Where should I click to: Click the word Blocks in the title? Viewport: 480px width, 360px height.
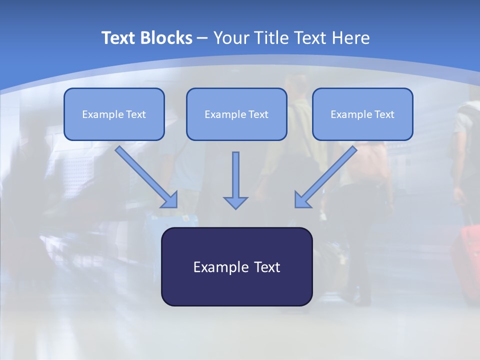click(166, 37)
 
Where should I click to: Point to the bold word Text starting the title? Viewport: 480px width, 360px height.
click(118, 37)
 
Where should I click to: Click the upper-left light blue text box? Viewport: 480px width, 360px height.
click(114, 114)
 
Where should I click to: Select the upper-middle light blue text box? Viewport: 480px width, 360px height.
click(236, 114)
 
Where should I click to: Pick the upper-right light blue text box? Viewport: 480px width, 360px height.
click(363, 114)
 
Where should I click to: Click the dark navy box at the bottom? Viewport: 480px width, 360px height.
click(237, 266)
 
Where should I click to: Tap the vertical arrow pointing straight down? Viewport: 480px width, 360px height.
click(235, 180)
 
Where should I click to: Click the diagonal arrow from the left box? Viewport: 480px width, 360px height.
click(146, 177)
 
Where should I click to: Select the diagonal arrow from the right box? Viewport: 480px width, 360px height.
click(325, 177)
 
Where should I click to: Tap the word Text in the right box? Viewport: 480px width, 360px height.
click(384, 114)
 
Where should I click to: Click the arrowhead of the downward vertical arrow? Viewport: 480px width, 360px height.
click(235, 203)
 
